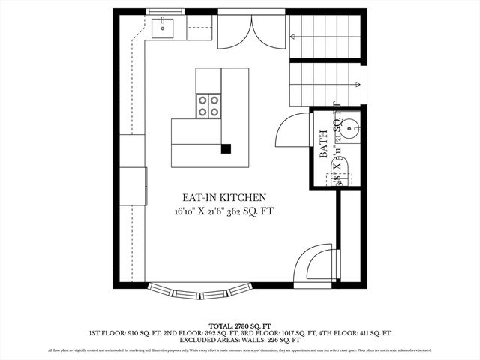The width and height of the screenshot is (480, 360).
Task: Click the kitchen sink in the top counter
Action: tap(162, 28)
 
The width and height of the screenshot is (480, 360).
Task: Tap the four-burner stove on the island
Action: tap(208, 106)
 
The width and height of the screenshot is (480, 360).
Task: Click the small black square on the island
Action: tap(226, 148)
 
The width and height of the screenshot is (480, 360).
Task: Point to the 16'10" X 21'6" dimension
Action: tap(196, 213)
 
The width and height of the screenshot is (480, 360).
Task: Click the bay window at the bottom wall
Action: tap(200, 288)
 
